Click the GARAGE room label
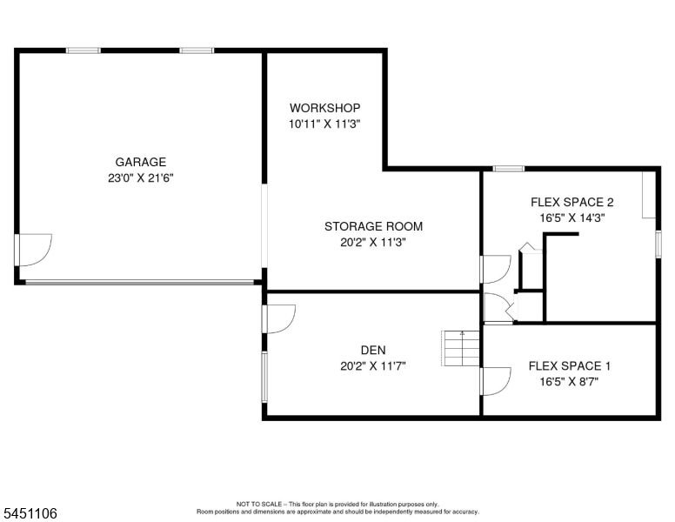[140, 162]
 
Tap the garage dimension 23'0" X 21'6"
[140, 177]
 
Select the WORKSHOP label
[324, 108]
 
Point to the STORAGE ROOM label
[373, 226]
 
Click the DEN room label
[373, 350]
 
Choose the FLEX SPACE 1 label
[569, 365]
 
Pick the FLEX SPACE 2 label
[571, 202]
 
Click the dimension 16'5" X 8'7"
[569, 382]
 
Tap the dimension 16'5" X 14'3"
[572, 217]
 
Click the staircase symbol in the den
[461, 348]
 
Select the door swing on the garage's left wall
[34, 250]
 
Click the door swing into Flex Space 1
[496, 381]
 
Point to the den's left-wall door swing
[279, 318]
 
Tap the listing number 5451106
[30, 513]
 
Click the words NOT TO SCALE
[258, 504]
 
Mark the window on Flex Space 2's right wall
[658, 244]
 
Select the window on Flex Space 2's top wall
[508, 169]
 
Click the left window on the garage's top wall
[84, 50]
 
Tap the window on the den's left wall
[264, 377]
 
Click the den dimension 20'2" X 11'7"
[373, 365]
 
